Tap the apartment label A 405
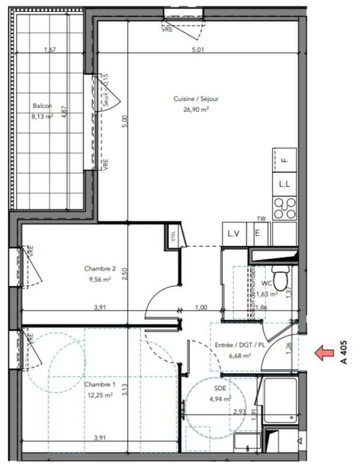pos(345,352)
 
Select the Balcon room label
pos(42,106)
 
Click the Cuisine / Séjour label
pos(195,99)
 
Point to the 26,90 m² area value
pos(196,109)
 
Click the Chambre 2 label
pos(100,269)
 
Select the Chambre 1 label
pos(100,385)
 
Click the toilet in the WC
pos(281,278)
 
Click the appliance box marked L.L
pos(285,184)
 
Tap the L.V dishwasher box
pos(234,233)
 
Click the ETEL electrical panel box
pos(173,236)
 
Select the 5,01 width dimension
pos(199,50)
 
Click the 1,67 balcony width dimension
pos(50,50)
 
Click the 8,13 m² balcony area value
pos(42,116)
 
